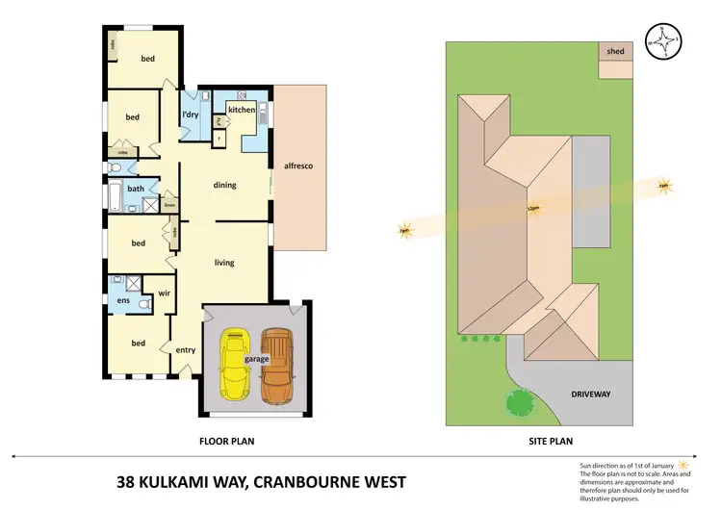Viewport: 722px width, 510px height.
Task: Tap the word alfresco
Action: pyautogui.click(x=297, y=166)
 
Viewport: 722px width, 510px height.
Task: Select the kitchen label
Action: pyautogui.click(x=242, y=111)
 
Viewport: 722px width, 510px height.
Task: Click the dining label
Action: pyautogui.click(x=224, y=185)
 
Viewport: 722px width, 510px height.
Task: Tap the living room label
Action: pyautogui.click(x=224, y=262)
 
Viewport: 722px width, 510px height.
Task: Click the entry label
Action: pyautogui.click(x=186, y=349)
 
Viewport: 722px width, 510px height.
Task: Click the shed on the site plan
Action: pyautogui.click(x=615, y=51)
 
